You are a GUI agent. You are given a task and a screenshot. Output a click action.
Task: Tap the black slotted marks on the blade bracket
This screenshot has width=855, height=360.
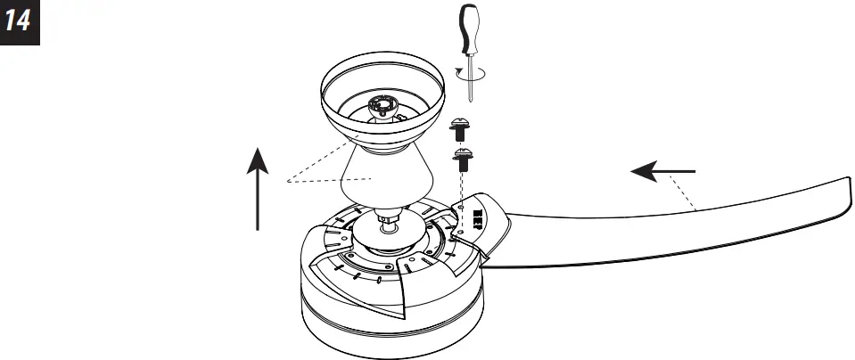tap(477, 219)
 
